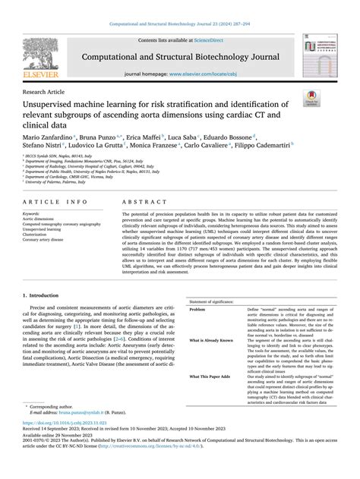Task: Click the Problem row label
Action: click(x=197, y=310)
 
